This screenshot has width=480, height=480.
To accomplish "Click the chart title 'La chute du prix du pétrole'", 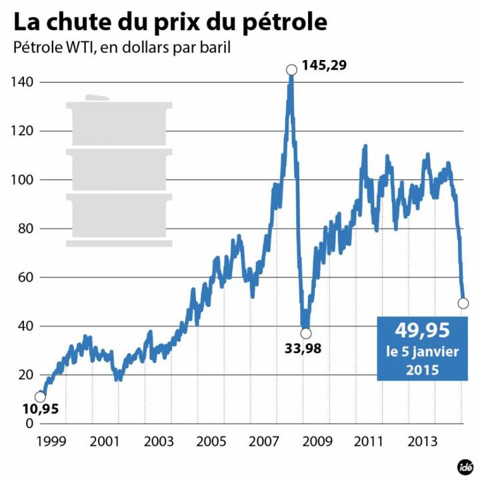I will [x=171, y=21].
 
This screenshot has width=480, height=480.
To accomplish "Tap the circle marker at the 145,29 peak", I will [x=291, y=69].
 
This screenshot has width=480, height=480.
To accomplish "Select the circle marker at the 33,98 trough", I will [x=305, y=333].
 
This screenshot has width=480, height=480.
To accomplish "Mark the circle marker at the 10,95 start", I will [x=40, y=397].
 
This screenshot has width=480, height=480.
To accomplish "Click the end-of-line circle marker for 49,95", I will [x=463, y=303].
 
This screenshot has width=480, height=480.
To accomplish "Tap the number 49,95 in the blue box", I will [x=423, y=329].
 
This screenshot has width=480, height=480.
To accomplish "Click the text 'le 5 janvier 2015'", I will [x=423, y=360].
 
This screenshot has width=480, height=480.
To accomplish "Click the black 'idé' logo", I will [x=464, y=465].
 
